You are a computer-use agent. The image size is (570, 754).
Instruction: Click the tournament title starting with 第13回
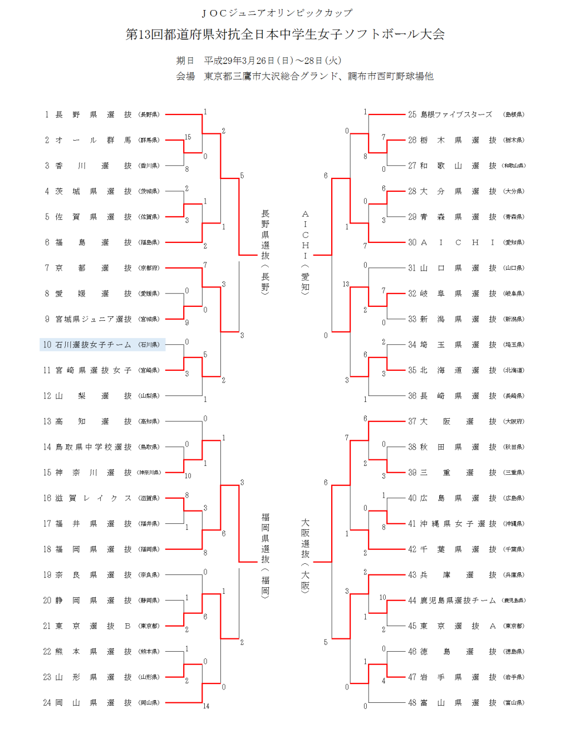click(x=285, y=34)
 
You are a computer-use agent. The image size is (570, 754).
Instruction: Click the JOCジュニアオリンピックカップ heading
click(x=277, y=13)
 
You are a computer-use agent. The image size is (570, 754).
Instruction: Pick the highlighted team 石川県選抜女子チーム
click(x=94, y=345)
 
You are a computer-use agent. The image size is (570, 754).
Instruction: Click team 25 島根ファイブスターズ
click(x=456, y=115)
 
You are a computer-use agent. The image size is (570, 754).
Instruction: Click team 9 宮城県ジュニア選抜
click(x=94, y=319)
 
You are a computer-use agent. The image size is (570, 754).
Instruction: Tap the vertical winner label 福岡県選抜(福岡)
click(x=266, y=555)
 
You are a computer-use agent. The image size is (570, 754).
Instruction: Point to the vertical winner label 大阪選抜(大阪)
click(x=305, y=555)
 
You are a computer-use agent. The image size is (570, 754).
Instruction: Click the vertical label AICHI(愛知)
click(x=305, y=251)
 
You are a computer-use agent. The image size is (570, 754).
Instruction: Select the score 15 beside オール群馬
click(x=188, y=137)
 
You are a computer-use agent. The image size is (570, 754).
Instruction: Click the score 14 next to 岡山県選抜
click(x=206, y=706)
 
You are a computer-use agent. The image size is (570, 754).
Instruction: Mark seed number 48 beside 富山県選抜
click(x=412, y=703)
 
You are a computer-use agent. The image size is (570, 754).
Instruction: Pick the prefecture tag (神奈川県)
click(x=149, y=473)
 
